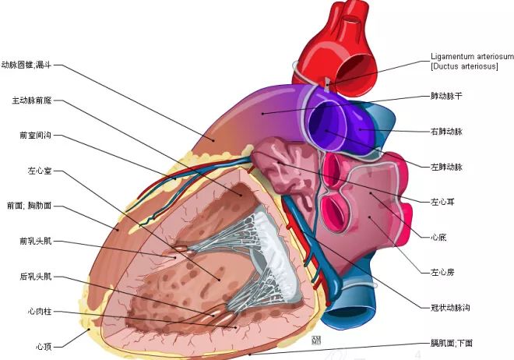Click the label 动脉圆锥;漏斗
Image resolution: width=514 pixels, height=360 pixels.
[26, 65]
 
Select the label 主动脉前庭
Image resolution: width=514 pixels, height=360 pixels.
[32, 100]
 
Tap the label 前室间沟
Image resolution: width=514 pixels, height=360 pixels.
[35, 135]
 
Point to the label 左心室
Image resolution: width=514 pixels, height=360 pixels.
[40, 171]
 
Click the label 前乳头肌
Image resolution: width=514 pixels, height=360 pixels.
[35, 241]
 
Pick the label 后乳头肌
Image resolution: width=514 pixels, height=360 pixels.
[35, 277]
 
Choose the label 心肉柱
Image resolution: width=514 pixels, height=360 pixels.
[40, 311]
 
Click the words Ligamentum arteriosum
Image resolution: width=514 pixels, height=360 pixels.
[472, 56]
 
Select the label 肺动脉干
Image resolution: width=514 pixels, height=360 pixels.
[446, 96]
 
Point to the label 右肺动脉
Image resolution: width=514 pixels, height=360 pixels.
[446, 132]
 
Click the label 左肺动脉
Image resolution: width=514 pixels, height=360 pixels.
[446, 167]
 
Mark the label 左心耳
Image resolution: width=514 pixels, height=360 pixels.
[442, 202]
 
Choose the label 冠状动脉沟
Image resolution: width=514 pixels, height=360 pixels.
[450, 308]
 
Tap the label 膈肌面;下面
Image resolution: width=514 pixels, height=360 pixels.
[452, 343]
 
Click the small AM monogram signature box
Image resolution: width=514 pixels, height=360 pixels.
[316, 341]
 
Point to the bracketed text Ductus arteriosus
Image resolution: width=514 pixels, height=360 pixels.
[464, 66]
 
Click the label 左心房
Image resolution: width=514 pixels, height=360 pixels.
[442, 272]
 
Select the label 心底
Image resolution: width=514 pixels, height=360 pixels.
[438, 237]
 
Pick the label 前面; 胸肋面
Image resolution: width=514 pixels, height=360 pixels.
[29, 206]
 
